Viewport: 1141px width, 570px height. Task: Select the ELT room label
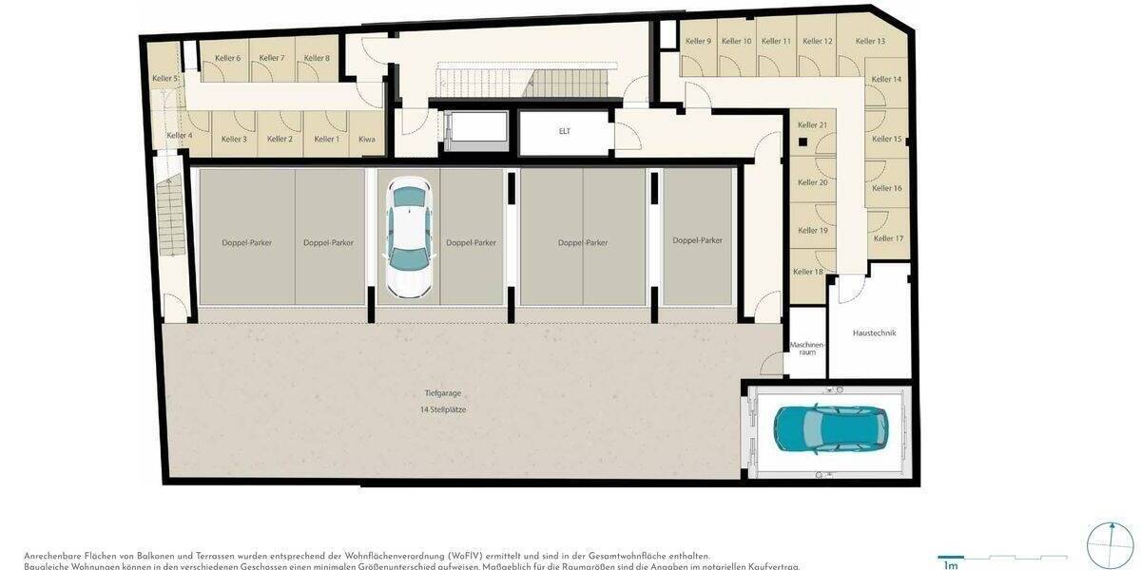(565, 131)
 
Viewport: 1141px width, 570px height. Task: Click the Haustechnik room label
(874, 332)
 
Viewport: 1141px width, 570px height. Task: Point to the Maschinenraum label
(807, 348)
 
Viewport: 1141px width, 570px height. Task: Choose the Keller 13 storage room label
(870, 41)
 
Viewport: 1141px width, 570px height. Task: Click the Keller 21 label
(812, 125)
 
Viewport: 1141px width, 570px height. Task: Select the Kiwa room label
(367, 140)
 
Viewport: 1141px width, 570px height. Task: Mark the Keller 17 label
(888, 238)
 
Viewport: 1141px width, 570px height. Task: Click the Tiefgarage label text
(443, 393)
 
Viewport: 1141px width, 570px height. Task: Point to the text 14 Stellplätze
(443, 409)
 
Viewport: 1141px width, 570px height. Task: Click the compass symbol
(1110, 545)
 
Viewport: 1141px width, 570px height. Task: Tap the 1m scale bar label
(950, 565)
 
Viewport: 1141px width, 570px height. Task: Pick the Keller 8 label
(317, 59)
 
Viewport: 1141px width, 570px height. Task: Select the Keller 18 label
(808, 272)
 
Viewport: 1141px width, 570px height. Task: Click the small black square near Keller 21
(803, 142)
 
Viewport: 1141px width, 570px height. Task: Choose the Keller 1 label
(326, 140)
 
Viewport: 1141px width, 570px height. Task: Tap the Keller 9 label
(698, 41)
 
